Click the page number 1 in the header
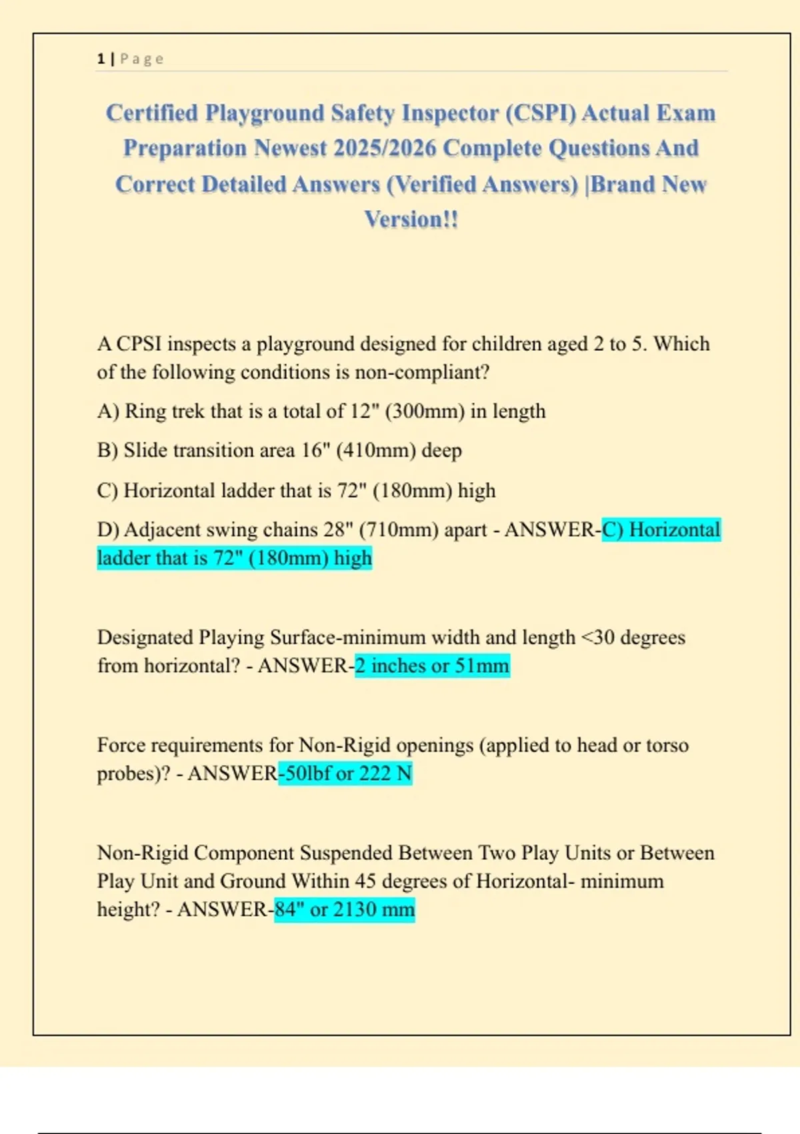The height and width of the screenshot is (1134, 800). tap(101, 59)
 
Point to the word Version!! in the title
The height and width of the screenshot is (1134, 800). tap(411, 219)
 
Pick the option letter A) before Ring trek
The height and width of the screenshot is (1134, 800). tap(108, 411)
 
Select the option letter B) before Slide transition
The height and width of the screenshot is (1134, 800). tap(108, 450)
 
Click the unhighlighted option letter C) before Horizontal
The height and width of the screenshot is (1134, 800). tap(108, 490)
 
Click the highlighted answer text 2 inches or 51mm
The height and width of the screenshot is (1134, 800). tap(432, 666)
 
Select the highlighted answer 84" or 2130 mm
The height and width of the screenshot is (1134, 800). tap(345, 909)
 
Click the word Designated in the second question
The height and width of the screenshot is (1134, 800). tap(145, 638)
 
